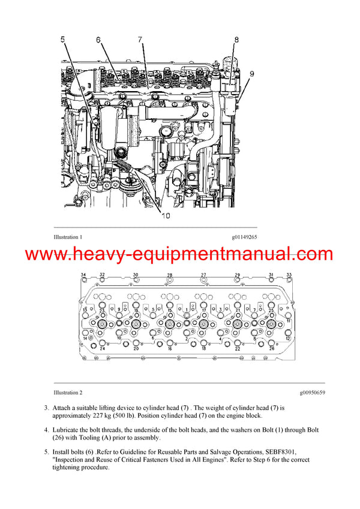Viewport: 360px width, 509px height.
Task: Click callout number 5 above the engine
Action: point(64,40)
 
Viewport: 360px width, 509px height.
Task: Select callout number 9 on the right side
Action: point(251,74)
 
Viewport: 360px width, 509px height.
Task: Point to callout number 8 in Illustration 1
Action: point(236,40)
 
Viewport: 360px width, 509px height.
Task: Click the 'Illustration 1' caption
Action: point(67,237)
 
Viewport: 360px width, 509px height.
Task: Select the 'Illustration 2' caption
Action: point(67,393)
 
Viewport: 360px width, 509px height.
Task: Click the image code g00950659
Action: point(312,393)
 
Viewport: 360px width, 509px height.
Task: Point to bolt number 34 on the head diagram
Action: point(84,275)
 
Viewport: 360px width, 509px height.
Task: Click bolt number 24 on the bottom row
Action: point(102,348)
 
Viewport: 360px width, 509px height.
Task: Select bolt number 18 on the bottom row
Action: point(203,348)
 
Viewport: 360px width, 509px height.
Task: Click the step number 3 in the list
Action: point(46,408)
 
